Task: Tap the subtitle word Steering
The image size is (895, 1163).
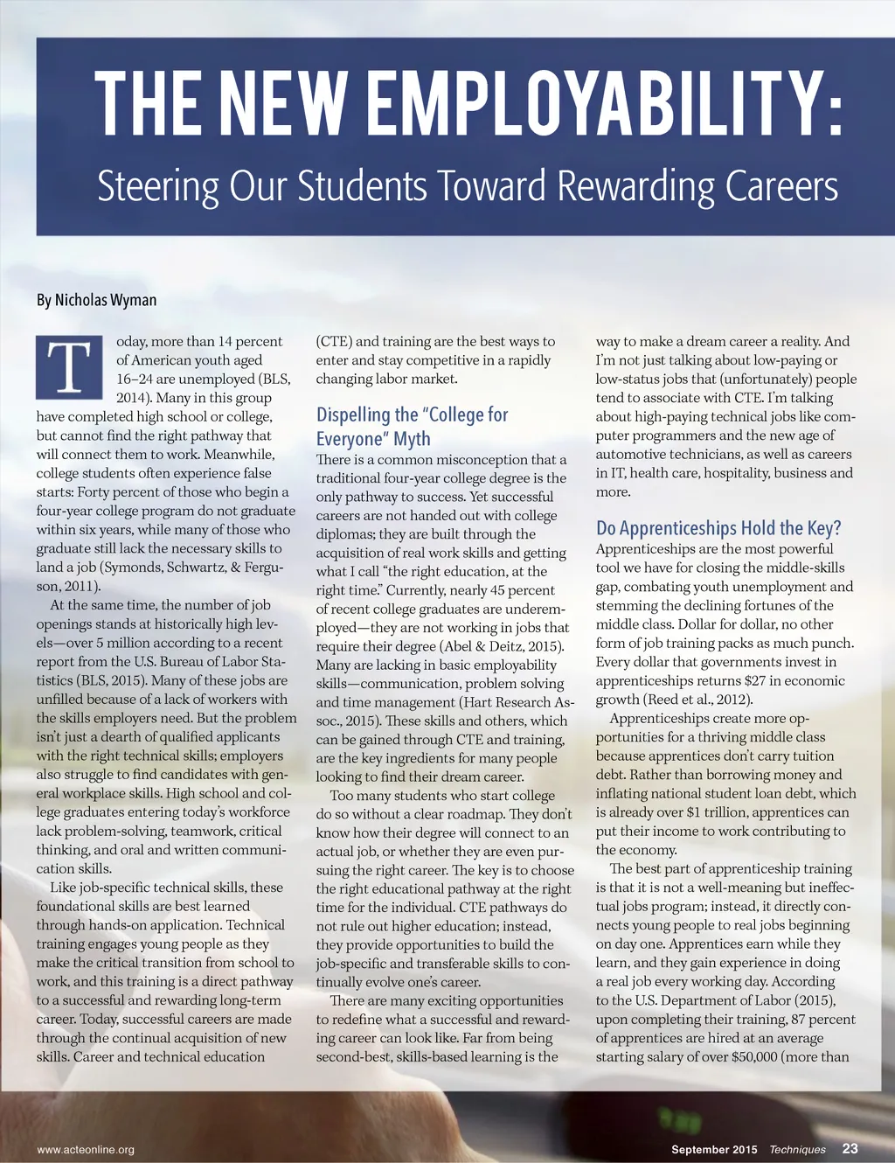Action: click(157, 186)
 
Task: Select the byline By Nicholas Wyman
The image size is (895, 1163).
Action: click(96, 300)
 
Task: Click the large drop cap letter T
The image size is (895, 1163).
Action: click(69, 367)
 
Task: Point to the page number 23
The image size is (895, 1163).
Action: click(850, 1148)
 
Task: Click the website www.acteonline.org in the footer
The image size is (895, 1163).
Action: click(86, 1149)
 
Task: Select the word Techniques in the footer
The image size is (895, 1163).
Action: click(797, 1149)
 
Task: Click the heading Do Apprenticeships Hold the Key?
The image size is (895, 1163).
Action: click(718, 528)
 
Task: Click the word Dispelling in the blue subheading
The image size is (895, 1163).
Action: click(354, 414)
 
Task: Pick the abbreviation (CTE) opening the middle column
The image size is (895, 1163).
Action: click(335, 341)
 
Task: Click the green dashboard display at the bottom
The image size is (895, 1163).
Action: click(681, 1120)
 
